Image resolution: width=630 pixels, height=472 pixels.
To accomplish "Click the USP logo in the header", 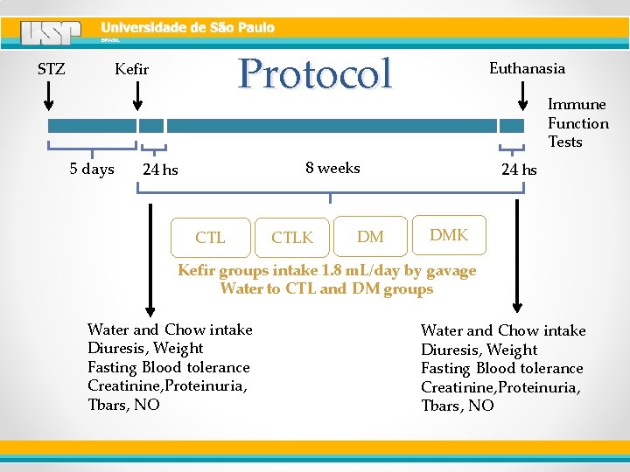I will [x=52, y=33].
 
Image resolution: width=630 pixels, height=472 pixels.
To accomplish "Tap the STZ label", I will [x=52, y=68].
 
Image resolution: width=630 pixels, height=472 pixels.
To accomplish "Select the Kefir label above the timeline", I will [x=132, y=69].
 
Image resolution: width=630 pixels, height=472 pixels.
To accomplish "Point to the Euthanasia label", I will [x=527, y=68].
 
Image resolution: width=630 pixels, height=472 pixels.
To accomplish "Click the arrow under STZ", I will [x=49, y=95].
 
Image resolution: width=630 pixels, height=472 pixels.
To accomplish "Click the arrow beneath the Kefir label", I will [x=137, y=95].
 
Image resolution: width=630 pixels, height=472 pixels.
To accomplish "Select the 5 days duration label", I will [x=92, y=169].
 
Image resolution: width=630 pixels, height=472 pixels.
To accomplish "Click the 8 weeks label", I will [x=332, y=168].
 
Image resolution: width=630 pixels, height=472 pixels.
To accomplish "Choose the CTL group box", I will [x=211, y=238].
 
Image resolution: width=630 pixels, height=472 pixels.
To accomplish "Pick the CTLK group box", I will [x=292, y=238].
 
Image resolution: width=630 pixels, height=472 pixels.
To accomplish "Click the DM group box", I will [x=370, y=237].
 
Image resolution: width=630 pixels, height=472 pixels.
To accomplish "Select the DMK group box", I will [x=449, y=235].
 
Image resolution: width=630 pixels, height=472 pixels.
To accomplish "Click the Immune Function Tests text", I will [x=578, y=123].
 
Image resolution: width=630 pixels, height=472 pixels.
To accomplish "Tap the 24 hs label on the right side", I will [x=519, y=170].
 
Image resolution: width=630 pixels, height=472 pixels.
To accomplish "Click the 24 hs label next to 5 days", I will [x=160, y=170].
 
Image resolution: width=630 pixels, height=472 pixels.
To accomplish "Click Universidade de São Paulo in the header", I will [x=188, y=27].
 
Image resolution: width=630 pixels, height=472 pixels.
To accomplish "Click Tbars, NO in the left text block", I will [x=124, y=405].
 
